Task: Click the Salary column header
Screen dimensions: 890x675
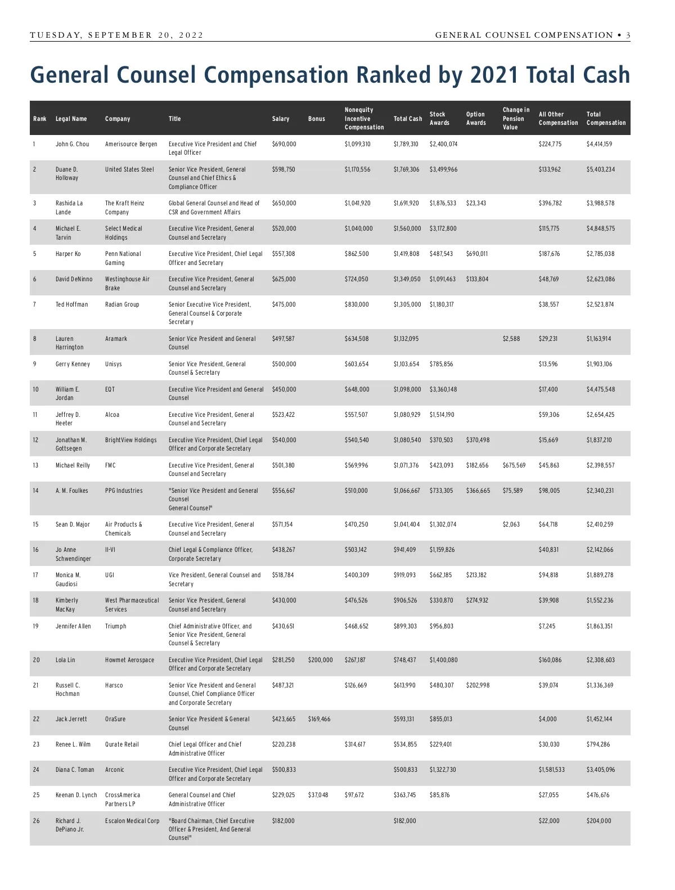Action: [x=281, y=119]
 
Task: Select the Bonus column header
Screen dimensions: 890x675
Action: [x=317, y=119]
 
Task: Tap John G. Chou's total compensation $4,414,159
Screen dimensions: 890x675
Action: [x=599, y=144]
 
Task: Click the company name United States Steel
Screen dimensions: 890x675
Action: [x=129, y=169]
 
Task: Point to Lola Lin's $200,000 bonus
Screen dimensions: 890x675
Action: [x=321, y=660]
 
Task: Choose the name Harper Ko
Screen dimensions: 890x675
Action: [x=68, y=254]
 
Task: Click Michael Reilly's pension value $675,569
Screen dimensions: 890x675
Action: [x=514, y=465]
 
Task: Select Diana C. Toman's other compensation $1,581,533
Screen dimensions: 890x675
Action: [x=552, y=770]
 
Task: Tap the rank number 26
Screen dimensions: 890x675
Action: [x=37, y=821]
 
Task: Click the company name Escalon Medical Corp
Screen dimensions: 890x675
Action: [x=132, y=821]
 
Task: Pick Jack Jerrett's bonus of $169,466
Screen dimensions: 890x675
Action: [x=319, y=719]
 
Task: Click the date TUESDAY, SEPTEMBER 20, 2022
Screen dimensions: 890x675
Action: [x=117, y=35]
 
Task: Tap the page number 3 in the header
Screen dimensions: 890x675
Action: [x=628, y=35]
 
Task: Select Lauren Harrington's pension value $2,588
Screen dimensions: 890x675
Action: [x=511, y=339]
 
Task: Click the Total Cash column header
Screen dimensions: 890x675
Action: [x=408, y=119]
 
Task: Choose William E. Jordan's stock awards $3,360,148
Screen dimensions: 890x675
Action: [x=443, y=389]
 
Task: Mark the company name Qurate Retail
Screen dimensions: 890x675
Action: [x=122, y=744]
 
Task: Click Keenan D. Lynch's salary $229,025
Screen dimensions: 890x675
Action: [x=284, y=795]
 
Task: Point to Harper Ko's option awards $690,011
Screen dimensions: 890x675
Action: [x=477, y=254]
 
